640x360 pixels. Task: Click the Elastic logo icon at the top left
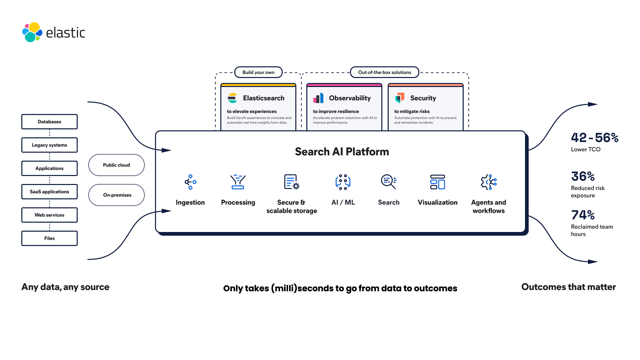pos(32,32)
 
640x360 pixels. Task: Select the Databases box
pos(49,122)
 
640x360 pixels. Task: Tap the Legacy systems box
pos(49,145)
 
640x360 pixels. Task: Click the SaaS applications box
pos(49,192)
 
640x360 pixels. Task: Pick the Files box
pos(49,238)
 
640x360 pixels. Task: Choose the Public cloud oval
pos(116,165)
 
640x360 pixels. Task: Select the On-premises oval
pos(116,195)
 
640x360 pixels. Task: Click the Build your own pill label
pos(258,72)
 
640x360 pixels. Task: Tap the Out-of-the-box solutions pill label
pos(384,72)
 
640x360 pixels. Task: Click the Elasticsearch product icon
pos(232,98)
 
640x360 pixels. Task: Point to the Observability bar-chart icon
pos(318,98)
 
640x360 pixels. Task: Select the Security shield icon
pos(400,98)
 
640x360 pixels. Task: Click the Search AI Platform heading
pos(342,152)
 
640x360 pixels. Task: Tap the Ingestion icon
pos(190,182)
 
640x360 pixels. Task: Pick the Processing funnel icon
pos(238,182)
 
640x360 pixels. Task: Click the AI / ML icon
pos(343,182)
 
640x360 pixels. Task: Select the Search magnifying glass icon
pos(389,182)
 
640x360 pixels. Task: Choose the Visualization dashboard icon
pos(437,182)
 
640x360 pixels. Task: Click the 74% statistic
pos(583,215)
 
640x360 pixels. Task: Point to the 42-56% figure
pos(595,138)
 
